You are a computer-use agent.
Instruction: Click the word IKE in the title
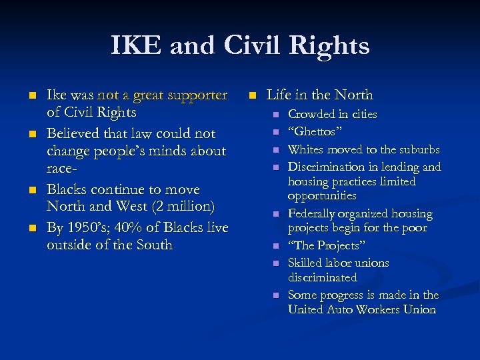click(x=137, y=45)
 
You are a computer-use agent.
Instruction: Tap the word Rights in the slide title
click(x=329, y=45)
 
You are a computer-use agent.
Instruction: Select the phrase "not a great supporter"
click(x=163, y=95)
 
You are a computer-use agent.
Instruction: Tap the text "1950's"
click(x=87, y=227)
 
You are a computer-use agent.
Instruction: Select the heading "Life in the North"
click(x=320, y=95)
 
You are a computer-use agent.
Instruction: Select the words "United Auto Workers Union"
click(x=362, y=309)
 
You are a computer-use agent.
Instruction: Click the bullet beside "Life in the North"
click(x=253, y=95)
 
